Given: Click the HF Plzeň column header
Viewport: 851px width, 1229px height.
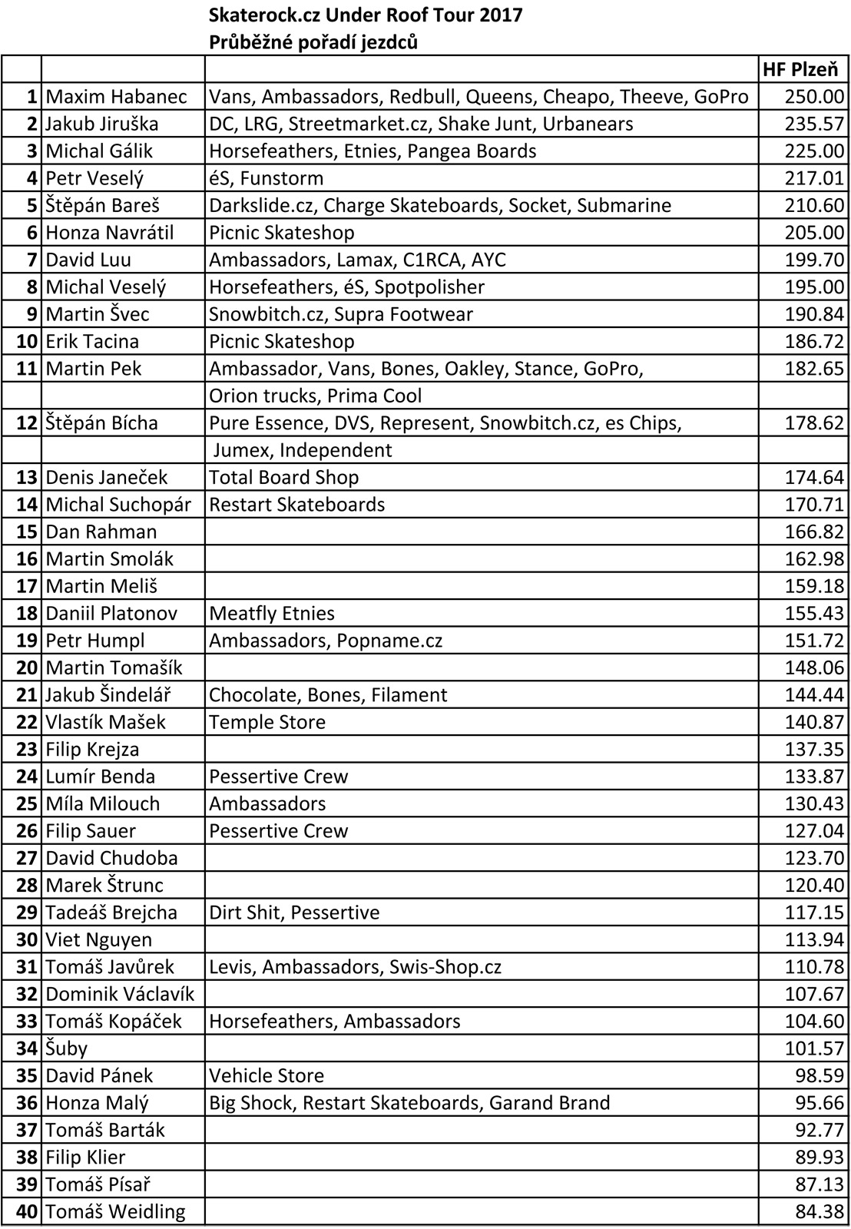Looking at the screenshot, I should point(800,70).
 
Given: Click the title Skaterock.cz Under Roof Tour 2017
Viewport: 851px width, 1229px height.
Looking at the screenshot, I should point(366,15).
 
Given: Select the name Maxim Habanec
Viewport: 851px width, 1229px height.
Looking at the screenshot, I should point(116,97).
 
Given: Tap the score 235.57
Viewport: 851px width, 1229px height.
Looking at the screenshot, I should point(814,124).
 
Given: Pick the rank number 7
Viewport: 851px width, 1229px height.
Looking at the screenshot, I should point(31,260).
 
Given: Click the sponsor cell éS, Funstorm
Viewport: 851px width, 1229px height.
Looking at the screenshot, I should point(266,178).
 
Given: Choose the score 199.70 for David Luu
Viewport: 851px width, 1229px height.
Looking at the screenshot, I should point(814,260).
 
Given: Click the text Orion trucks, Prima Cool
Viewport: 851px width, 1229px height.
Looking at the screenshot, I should point(315,396).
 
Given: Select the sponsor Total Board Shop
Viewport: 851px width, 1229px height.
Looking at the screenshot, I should point(283,477).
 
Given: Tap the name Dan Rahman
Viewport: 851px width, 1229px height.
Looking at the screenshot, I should point(101,532).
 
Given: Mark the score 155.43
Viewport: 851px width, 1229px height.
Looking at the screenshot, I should point(814,613).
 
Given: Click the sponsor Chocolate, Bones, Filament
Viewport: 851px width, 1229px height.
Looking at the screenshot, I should point(328,694).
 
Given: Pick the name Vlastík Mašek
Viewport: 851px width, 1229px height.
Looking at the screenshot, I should point(105,722).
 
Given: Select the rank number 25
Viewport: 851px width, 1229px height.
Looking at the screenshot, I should point(27,803).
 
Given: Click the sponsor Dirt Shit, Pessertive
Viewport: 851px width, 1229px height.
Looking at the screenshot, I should point(294,912).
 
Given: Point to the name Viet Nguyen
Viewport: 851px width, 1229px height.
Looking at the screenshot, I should point(98,939).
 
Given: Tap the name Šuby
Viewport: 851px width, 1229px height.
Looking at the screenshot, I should point(66,1048).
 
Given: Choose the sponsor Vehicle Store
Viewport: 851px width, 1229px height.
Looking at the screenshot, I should point(267,1075).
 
